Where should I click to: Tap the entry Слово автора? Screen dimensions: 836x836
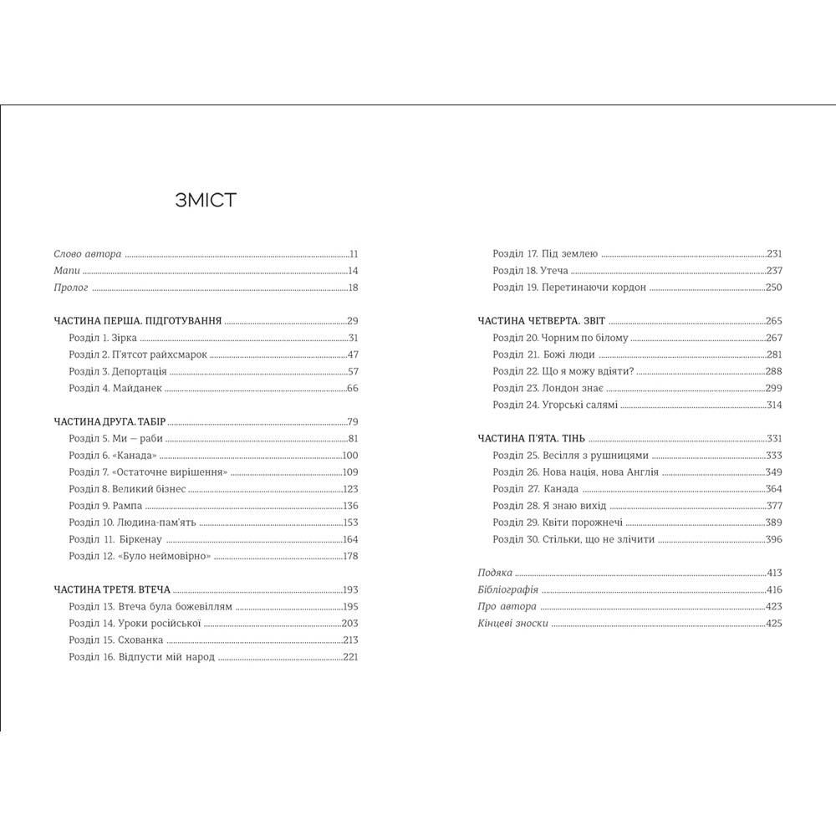click(88, 253)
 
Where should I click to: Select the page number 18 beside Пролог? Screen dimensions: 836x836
click(353, 288)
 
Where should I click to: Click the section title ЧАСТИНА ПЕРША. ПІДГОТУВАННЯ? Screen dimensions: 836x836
click(137, 320)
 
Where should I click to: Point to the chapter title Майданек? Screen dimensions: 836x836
click(141, 388)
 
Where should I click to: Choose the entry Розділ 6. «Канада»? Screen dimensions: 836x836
click(113, 456)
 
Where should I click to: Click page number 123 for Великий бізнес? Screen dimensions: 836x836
click(350, 489)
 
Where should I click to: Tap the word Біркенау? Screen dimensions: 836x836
click(150, 539)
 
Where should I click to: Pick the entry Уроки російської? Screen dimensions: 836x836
click(161, 623)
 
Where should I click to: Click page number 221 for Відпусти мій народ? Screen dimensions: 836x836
click(350, 656)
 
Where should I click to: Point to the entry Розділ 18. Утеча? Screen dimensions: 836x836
click(531, 270)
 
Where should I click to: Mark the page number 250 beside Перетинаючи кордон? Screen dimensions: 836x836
click(773, 287)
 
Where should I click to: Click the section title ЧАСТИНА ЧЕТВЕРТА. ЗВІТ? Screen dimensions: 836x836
click(542, 320)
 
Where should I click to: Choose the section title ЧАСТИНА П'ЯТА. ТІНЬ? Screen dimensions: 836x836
click(536, 438)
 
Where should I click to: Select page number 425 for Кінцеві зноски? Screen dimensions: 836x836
click(773, 623)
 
